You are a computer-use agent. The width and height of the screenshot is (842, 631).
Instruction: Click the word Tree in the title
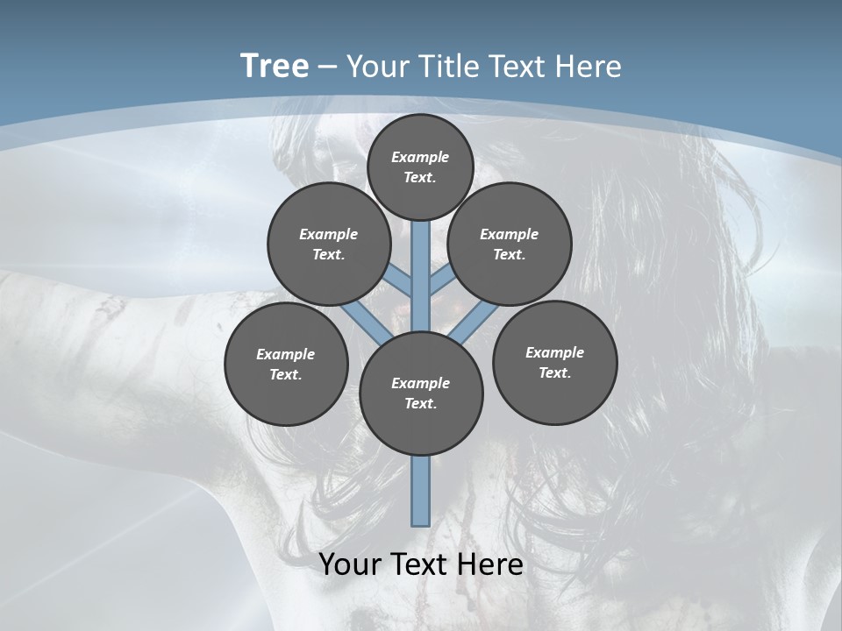[275, 67]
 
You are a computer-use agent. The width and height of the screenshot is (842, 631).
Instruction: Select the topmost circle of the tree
[420, 167]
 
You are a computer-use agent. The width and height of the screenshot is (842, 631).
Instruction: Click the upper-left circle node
[329, 244]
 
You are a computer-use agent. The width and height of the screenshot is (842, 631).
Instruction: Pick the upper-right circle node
[510, 244]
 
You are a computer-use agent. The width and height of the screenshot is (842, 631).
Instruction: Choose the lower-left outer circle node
[286, 364]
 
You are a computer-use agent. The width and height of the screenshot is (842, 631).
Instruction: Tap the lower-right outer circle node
[554, 362]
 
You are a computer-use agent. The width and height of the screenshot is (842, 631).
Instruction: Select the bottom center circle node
[421, 393]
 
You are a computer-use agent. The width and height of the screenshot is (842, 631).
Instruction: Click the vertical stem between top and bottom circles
[421, 276]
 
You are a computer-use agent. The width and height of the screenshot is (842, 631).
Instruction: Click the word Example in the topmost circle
[420, 157]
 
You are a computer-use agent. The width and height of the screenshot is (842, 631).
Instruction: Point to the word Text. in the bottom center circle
[420, 403]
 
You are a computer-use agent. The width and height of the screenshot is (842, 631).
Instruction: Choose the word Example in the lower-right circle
[554, 352]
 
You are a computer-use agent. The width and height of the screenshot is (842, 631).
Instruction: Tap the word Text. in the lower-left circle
[286, 374]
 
